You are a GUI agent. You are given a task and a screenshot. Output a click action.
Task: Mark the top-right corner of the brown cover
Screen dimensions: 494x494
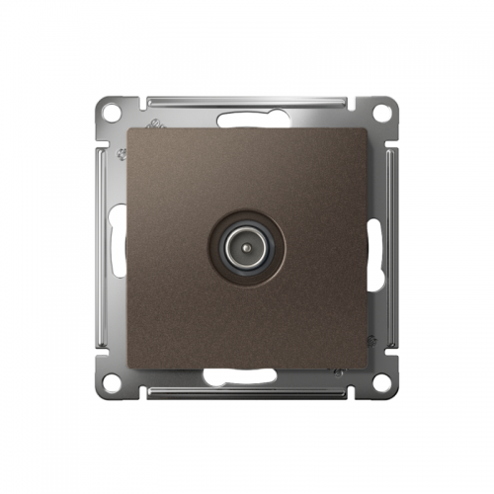[367, 127]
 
